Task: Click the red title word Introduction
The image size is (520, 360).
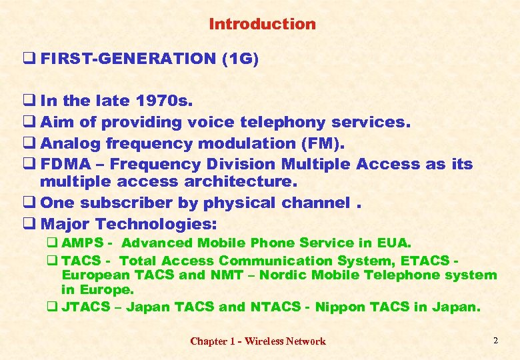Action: click(x=262, y=25)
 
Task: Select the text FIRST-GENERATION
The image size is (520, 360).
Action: click(x=128, y=59)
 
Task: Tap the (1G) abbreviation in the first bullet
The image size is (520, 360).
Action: click(x=239, y=59)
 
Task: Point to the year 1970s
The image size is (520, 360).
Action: click(x=164, y=101)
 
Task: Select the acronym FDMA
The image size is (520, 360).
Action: click(x=63, y=164)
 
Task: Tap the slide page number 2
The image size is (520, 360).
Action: click(x=495, y=341)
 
